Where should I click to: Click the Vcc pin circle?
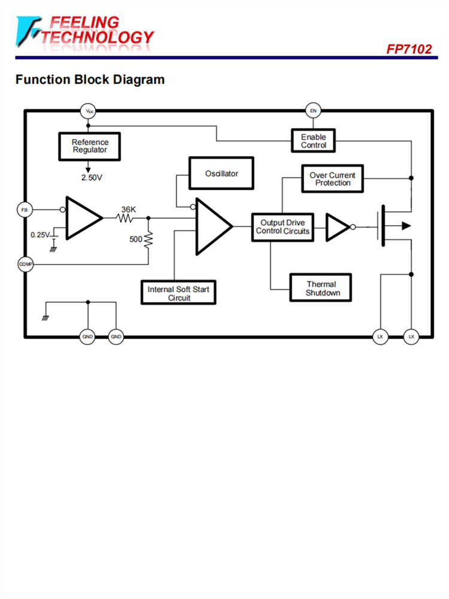pyautogui.click(x=89, y=111)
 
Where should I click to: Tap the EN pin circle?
pyautogui.click(x=313, y=111)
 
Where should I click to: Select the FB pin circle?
pyautogui.click(x=25, y=210)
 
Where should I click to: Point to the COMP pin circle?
pyautogui.click(x=25, y=263)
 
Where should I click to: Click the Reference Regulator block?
pyautogui.click(x=90, y=146)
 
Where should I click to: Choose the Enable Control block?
pyautogui.click(x=313, y=141)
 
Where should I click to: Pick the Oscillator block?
pyautogui.click(x=222, y=174)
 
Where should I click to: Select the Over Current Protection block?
pyautogui.click(x=332, y=179)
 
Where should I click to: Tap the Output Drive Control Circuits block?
pyautogui.click(x=283, y=227)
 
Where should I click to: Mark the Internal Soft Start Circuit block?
pyautogui.click(x=178, y=294)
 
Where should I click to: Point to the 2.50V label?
pyautogui.click(x=92, y=178)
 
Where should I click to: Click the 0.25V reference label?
pyautogui.click(x=41, y=235)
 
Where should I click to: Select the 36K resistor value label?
pyautogui.click(x=128, y=209)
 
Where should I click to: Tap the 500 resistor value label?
pyautogui.click(x=136, y=239)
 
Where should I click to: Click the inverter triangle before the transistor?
pyautogui.click(x=336, y=227)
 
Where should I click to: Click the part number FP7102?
pyautogui.click(x=409, y=49)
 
